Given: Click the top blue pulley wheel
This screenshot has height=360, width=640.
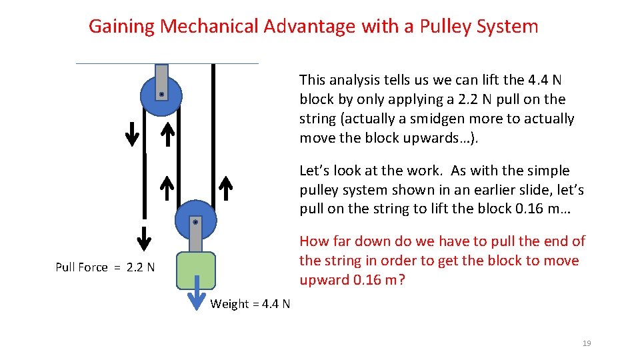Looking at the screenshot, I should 152,97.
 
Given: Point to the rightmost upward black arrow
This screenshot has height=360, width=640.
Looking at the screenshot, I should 225,188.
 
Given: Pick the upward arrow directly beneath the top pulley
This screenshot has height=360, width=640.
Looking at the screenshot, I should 169,133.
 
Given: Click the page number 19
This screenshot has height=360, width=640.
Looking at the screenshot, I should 587,343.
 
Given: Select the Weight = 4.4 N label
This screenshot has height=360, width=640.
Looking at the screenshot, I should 250,304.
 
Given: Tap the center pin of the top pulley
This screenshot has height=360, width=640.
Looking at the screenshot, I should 161,95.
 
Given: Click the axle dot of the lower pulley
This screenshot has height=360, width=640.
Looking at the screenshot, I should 195,221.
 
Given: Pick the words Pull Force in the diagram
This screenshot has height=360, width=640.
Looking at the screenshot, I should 81,267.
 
